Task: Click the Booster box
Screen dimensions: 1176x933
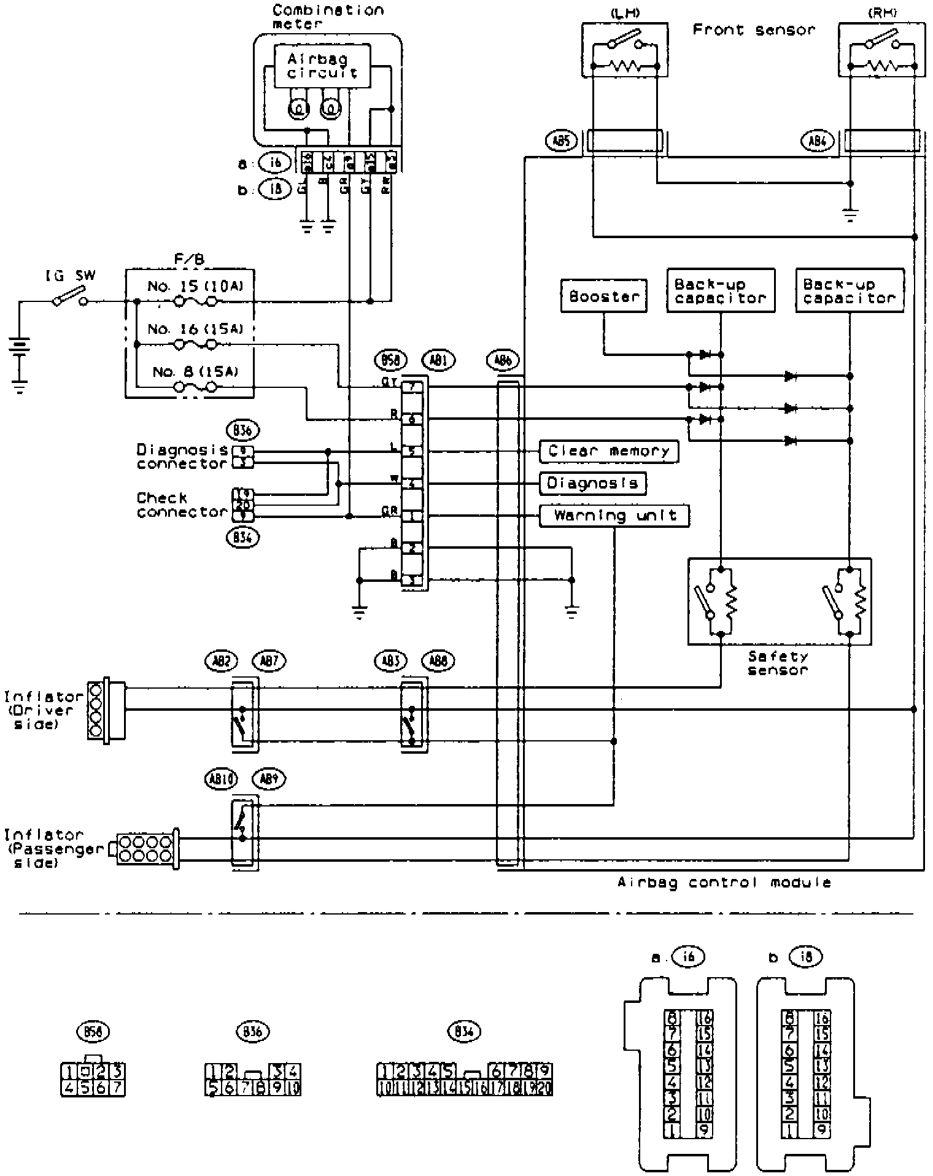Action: pos(603,296)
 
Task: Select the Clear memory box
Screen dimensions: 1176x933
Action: pos(609,451)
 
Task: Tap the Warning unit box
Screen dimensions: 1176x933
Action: pos(614,516)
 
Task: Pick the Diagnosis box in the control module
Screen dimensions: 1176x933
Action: pos(592,483)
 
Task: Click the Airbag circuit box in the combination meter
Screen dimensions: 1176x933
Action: pos(322,66)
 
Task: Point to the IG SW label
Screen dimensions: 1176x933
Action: pos(71,276)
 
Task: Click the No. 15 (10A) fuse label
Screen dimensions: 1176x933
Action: pos(195,286)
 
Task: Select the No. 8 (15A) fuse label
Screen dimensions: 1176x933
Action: pos(195,371)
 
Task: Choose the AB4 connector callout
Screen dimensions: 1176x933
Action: pos(818,142)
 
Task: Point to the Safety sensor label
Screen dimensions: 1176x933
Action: pos(778,663)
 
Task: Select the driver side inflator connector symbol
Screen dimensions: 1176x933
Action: pos(106,710)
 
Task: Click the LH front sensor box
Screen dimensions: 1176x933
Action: pos(625,50)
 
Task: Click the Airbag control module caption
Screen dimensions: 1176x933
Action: pos(724,883)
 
